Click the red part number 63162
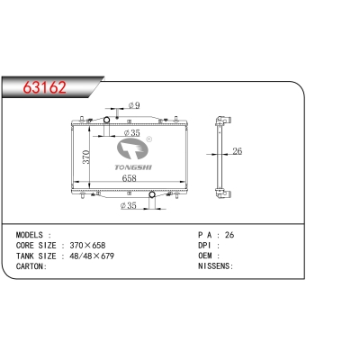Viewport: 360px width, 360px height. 45,87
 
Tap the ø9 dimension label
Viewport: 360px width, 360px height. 134,105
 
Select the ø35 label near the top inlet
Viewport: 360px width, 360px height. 131,132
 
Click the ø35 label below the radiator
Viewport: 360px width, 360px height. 128,205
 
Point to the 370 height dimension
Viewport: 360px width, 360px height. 86,157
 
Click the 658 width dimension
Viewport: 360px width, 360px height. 129,178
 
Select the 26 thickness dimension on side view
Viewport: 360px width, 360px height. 237,151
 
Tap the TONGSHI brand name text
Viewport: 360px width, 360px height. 133,167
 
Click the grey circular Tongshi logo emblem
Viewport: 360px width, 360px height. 132,149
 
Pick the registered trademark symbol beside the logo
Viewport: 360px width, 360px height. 148,139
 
